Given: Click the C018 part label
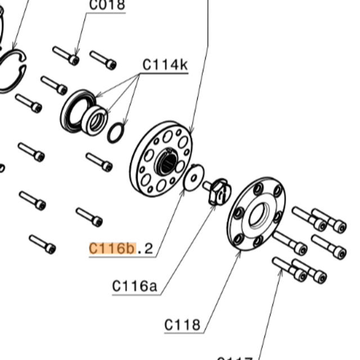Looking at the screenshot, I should click(x=107, y=6).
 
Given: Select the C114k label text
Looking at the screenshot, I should click(x=164, y=65).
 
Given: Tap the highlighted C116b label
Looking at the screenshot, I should click(x=112, y=247).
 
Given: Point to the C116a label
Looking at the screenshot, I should click(x=134, y=286).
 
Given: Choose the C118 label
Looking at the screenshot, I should click(x=182, y=325).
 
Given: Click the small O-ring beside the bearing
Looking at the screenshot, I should click(x=115, y=133).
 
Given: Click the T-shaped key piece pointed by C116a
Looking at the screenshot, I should click(x=218, y=191).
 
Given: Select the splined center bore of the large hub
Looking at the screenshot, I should click(x=167, y=163).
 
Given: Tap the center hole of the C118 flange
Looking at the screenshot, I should click(x=258, y=214).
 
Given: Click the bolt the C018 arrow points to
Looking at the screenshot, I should click(x=66, y=56).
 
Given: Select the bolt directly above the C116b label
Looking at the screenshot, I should click(x=89, y=217).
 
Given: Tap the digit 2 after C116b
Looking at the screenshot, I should click(x=148, y=248).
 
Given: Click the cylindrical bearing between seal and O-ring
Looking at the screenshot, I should click(x=94, y=119).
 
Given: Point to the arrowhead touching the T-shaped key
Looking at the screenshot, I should click(x=214, y=206).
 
